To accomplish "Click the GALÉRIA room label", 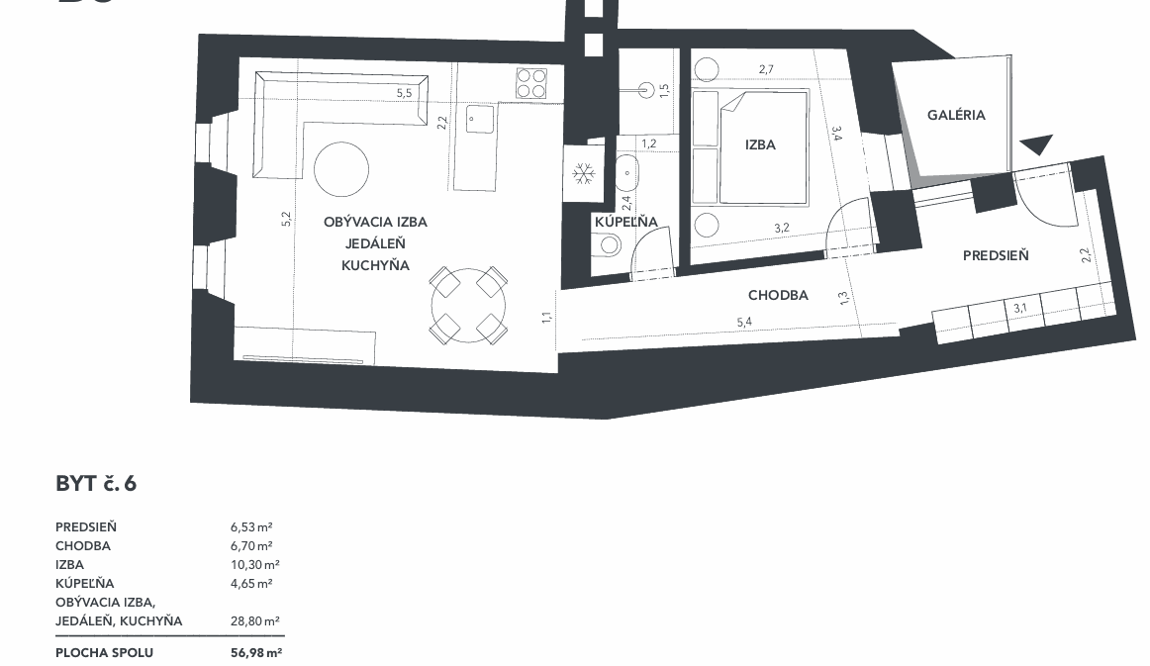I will point(956,115).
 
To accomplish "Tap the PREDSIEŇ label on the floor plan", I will point(996,255).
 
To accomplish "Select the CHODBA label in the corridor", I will point(778,295).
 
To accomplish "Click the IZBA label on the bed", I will point(760,144).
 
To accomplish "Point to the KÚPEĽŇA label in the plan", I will point(625,222).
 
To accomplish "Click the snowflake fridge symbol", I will point(583,174).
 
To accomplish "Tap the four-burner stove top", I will point(531,83).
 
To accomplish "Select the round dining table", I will point(469,305).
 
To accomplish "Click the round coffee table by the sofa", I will point(341,168).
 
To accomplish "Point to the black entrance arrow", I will point(1036,145).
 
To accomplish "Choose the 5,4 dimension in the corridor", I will point(744,322).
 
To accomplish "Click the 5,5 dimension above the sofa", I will point(404,93).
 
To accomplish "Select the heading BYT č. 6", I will point(96,484).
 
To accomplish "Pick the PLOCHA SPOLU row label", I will point(104,653).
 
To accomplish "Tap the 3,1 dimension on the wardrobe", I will point(1020,308).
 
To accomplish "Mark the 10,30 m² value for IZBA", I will point(254,565).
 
